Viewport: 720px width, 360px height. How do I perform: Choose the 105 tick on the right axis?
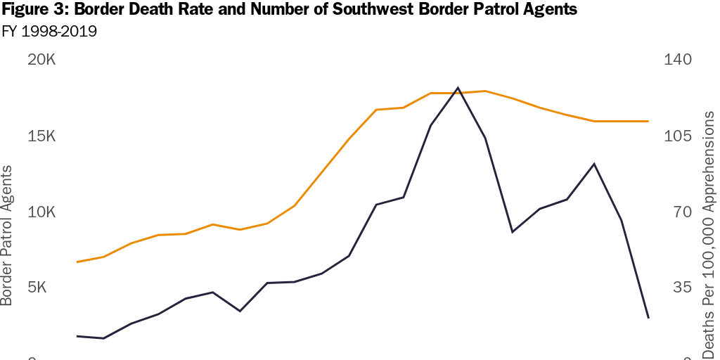click(x=679, y=136)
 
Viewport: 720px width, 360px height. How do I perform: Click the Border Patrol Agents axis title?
click(x=7, y=235)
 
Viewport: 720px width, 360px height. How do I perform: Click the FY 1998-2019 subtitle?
click(x=49, y=32)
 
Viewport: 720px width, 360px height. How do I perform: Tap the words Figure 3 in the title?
click(x=32, y=11)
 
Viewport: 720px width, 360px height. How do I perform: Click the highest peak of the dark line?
click(x=458, y=88)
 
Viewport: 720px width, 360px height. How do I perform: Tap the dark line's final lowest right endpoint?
click(x=648, y=318)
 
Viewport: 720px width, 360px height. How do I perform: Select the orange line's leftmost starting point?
click(x=77, y=262)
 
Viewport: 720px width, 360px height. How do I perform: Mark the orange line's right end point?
click(x=648, y=121)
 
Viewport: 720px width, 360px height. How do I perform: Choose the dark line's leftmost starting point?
click(x=77, y=336)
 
